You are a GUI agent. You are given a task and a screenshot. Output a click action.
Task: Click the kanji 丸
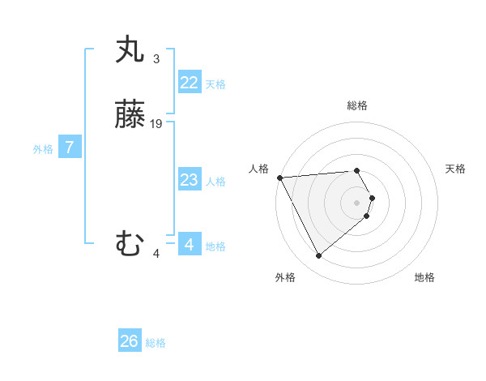point(131,50)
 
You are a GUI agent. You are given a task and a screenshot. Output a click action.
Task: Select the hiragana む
point(131,244)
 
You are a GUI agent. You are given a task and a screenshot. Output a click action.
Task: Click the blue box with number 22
point(190,83)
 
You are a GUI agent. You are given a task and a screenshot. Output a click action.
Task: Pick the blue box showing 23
point(190,180)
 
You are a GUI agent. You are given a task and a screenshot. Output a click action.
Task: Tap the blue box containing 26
point(130,341)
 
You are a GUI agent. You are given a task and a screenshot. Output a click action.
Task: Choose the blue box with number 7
point(70,148)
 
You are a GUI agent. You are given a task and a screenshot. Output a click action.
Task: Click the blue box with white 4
point(190,245)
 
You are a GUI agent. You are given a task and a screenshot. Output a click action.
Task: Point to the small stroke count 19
point(156,124)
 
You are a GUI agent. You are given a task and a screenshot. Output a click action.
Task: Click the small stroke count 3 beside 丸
point(156,58)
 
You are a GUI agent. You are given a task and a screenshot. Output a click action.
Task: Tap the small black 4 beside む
point(156,254)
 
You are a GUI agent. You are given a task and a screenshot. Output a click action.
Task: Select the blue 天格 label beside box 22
point(215,84)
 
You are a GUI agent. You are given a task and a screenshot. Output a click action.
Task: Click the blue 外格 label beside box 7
point(43,149)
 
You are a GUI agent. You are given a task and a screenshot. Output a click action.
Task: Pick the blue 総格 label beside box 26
point(156,343)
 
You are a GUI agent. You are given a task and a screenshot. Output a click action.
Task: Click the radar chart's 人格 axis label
point(258,169)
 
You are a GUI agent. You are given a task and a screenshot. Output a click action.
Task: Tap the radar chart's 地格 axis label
point(424,277)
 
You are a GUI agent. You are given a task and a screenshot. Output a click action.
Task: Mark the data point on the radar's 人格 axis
point(279,177)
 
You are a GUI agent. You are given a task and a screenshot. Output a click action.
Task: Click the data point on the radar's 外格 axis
point(318,256)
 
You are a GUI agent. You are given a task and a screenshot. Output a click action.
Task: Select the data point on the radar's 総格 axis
point(357,170)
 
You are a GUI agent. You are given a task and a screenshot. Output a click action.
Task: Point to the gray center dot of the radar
point(357,202)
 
